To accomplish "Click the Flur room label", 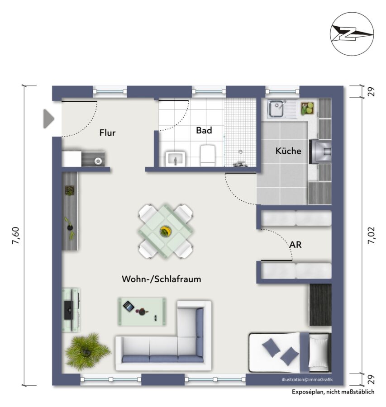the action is tap(107, 133).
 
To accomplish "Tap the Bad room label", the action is tap(204, 130).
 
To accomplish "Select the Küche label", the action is tap(288, 151).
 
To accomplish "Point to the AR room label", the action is tap(295, 245).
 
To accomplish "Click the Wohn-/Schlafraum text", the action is tap(161, 279).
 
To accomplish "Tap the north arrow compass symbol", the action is tap(352, 34).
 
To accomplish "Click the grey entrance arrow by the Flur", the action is tap(48, 119).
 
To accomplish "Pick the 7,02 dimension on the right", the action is tap(371, 235).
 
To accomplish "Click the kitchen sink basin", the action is tap(276, 109).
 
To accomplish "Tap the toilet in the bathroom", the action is tap(208, 156).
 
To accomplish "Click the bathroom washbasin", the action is tap(175, 159).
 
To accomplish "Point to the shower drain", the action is tap(241, 151).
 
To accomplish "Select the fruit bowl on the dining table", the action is tap(165, 231).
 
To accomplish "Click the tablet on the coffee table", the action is tap(129, 307).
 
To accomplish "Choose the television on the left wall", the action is tap(69, 310).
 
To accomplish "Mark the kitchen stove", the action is tap(320, 151).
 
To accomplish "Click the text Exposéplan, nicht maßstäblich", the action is tap(333, 392).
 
